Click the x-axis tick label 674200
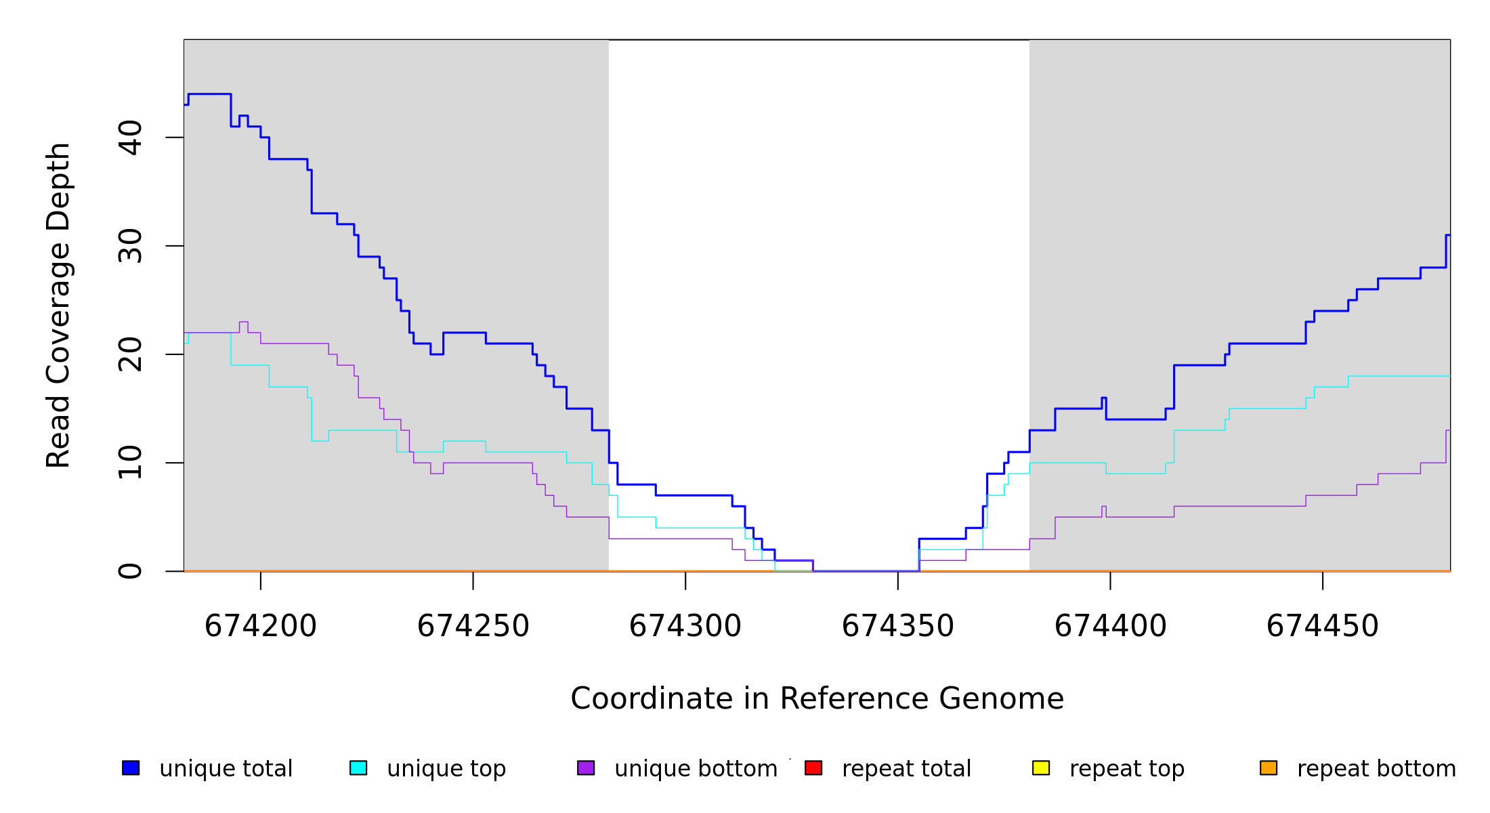(x=261, y=626)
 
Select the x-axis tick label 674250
(x=473, y=626)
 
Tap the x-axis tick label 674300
(x=685, y=626)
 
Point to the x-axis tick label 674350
(x=898, y=626)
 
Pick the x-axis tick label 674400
(x=1111, y=626)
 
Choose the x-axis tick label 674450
(x=1323, y=626)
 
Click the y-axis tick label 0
(x=130, y=571)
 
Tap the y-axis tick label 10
(x=130, y=463)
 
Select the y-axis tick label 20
(x=130, y=354)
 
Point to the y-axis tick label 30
(x=130, y=246)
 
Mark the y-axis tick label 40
(x=130, y=138)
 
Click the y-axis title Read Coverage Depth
(x=58, y=305)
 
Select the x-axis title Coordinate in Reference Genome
(x=817, y=699)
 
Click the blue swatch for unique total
(x=131, y=768)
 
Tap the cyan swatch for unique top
(x=358, y=768)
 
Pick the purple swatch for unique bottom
(x=586, y=768)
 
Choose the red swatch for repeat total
(x=813, y=768)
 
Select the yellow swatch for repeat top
(x=1041, y=768)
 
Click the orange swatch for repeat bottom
(x=1269, y=768)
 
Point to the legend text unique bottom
(x=696, y=769)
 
